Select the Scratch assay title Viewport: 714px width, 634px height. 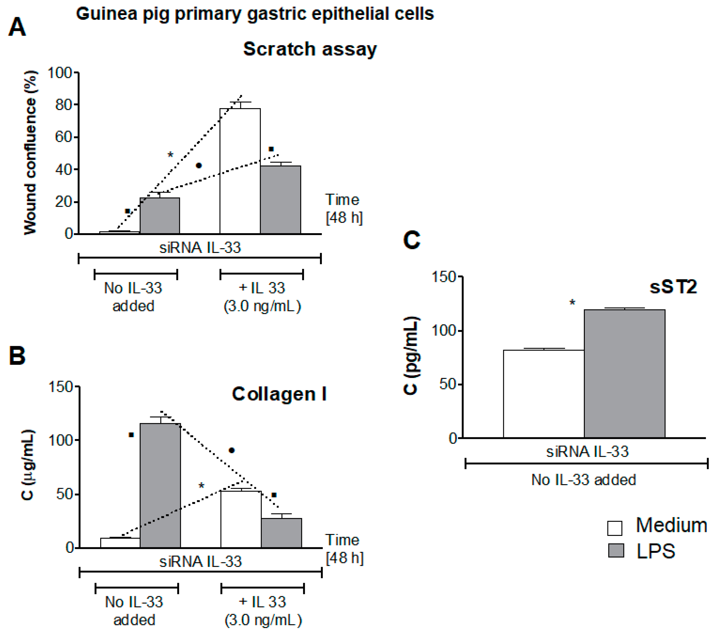pos(310,49)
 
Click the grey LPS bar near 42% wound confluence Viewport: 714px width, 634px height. pos(281,199)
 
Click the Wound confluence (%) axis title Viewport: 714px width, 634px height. pos(31,153)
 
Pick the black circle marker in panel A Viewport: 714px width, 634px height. pos(199,165)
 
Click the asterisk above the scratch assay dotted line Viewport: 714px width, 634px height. pos(170,155)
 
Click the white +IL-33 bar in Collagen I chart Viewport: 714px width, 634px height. pos(241,519)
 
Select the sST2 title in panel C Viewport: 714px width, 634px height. pos(673,287)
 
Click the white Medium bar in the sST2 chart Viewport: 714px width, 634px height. pos(544,394)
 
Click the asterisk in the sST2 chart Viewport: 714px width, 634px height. pos(572,302)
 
